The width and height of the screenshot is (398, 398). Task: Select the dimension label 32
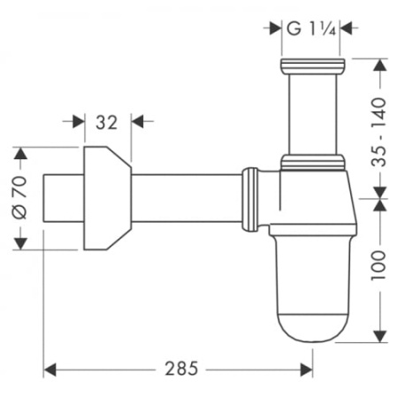[x=106, y=123]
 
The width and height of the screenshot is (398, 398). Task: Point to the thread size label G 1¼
[x=308, y=28]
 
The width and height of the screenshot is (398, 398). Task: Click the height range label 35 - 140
[x=380, y=128]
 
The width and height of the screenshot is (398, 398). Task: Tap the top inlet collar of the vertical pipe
[x=311, y=66]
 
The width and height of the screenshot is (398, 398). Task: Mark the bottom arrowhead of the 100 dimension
[x=380, y=340]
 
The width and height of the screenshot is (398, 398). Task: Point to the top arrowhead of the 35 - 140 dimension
[x=380, y=64]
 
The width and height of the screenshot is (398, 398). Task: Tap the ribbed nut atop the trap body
[x=312, y=161]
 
